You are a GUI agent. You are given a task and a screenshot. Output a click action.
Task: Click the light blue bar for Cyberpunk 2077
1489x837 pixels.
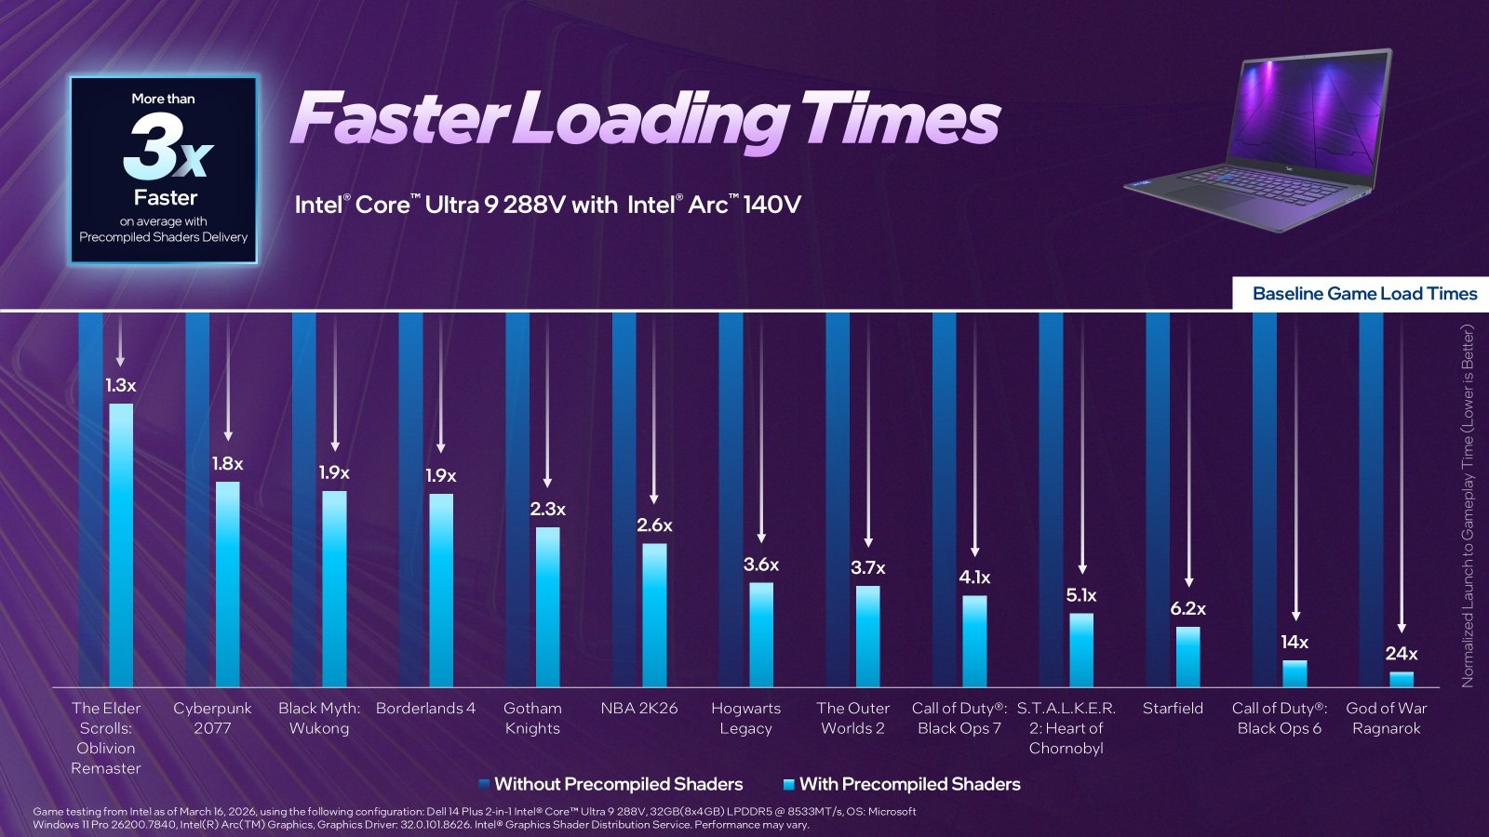click(228, 584)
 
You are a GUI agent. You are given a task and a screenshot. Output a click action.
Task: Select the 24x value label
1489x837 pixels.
click(1401, 654)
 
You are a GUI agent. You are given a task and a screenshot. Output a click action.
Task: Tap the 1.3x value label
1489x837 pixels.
click(121, 385)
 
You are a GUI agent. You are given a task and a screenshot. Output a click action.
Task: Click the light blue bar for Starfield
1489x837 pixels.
click(1187, 657)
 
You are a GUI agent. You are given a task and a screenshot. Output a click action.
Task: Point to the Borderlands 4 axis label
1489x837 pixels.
click(425, 709)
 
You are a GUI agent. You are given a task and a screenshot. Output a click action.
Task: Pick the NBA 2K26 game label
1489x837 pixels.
click(639, 709)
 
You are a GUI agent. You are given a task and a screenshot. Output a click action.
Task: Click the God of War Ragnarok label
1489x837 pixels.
click(1386, 718)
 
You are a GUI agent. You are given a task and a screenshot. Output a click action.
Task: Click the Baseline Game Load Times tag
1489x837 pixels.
click(1363, 294)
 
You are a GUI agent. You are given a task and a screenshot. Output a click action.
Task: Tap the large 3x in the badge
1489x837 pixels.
click(168, 149)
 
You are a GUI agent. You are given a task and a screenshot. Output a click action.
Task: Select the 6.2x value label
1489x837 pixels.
click(1187, 608)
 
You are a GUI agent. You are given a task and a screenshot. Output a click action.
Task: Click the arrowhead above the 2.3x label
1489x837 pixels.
click(547, 482)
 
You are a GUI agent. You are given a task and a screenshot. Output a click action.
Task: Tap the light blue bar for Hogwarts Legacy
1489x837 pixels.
click(761, 634)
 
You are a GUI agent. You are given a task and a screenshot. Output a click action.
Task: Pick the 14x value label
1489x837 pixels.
click(1294, 642)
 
